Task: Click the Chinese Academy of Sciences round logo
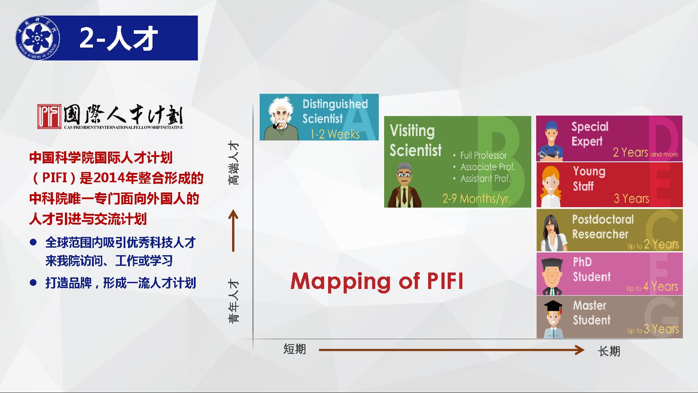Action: coord(38,38)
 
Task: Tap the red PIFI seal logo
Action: coord(49,116)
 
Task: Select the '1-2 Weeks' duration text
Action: coord(335,134)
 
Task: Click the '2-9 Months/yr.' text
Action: coord(477,198)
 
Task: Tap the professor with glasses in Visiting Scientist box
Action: coord(405,185)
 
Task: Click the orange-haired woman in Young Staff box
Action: coord(551,186)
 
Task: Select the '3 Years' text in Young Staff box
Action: coord(631,199)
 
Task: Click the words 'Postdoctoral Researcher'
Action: coord(603,227)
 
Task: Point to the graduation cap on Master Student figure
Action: coord(553,306)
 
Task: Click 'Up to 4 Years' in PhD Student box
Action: coord(652,286)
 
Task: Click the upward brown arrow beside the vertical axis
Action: coord(233,231)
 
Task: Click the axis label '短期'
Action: coord(294,349)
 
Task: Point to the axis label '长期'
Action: coord(609,351)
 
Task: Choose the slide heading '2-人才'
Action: coord(119,38)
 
